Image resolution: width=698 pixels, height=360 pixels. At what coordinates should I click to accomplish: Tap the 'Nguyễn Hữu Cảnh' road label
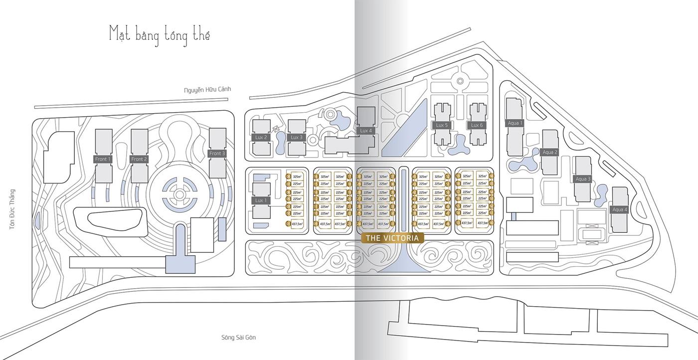click(x=207, y=90)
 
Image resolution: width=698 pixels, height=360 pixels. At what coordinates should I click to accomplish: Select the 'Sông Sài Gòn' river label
click(x=238, y=338)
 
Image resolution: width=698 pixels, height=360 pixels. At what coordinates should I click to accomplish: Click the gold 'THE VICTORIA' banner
click(x=392, y=238)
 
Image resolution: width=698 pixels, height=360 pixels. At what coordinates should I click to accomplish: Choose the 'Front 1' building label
click(x=103, y=159)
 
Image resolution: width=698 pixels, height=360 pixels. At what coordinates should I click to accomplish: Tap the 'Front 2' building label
click(x=139, y=159)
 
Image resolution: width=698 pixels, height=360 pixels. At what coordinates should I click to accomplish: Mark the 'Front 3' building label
click(x=217, y=154)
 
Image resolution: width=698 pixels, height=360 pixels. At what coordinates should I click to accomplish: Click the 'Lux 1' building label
click(x=260, y=200)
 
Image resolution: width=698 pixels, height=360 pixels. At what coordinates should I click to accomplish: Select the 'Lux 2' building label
click(x=261, y=137)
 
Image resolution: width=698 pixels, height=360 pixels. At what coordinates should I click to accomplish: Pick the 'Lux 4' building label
click(x=365, y=131)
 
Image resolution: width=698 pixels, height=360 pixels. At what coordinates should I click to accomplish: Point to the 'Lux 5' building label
click(x=442, y=125)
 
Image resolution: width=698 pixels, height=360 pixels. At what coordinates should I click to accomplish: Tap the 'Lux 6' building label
click(x=477, y=125)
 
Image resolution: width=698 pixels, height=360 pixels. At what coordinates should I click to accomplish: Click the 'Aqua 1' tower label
click(x=515, y=123)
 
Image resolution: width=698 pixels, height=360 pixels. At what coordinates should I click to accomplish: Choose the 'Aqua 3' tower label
click(x=583, y=179)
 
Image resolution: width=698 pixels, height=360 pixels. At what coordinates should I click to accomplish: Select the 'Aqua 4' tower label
click(x=619, y=209)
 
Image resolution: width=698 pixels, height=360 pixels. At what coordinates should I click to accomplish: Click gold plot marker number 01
click(x=288, y=224)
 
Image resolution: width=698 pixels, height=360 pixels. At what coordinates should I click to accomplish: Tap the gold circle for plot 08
click(x=288, y=176)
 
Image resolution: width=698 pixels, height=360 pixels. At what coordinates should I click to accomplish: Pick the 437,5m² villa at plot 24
click(x=368, y=224)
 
